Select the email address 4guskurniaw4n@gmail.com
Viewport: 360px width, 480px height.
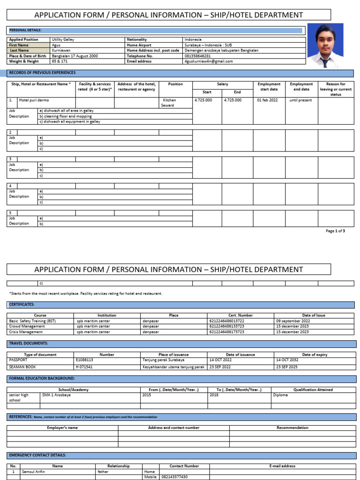tap(208, 61)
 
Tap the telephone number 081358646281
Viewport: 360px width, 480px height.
tap(197, 56)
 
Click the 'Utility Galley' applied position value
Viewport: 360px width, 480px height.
tap(63, 40)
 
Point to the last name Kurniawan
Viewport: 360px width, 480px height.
tap(61, 50)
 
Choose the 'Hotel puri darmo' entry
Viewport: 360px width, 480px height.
tap(33, 100)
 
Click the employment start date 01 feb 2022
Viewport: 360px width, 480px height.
tap(267, 100)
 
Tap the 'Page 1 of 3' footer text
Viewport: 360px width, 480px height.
tap(335, 231)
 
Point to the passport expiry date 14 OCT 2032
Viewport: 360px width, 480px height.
tap(286, 360)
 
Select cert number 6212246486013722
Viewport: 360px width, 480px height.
tap(226, 321)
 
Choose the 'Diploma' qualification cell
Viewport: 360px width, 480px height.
tap(280, 395)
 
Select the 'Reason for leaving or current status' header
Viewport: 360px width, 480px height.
tap(335, 89)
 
